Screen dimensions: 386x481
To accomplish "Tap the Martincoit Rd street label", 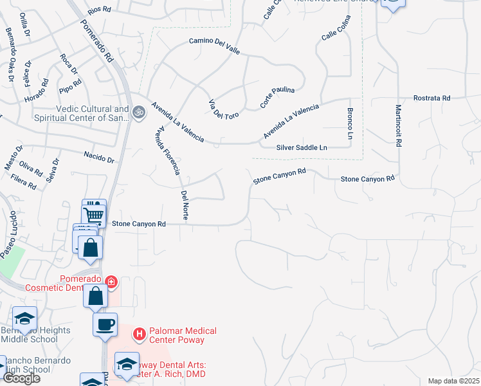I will (399, 126).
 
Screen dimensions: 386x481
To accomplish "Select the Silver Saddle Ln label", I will (302, 147).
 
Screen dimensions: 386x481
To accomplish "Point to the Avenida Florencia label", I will (167, 149).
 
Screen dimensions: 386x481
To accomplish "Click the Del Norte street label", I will (185, 205).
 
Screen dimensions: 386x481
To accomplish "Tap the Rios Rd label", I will (99, 11).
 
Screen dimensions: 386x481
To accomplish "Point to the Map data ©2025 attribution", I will (453, 381).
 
